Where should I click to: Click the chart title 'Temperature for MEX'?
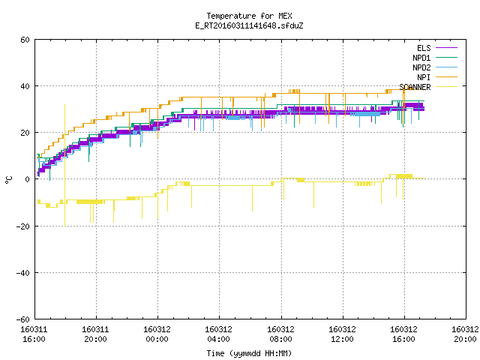coord(249,16)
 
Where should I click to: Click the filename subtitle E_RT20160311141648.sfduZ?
coord(249,25)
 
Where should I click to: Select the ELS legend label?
coord(424,48)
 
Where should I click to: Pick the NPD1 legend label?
coord(421,58)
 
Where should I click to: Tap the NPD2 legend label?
coord(421,67)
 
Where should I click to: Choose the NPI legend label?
coord(424,77)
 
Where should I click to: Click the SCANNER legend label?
coord(415,87)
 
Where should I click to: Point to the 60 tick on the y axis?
coord(25,40)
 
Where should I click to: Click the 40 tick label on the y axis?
coord(25,86)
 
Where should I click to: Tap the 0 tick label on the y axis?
coord(28,179)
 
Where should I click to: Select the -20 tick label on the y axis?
coord(23,226)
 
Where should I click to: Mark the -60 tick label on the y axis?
coord(23,319)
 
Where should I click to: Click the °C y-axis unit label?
coord(8,180)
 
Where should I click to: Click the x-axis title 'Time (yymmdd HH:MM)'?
coord(249,353)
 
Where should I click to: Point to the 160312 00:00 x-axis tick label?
coord(157,334)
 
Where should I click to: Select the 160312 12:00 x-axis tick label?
coord(342,334)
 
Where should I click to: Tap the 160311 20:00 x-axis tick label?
coord(95,334)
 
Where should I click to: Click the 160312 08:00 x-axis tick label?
coord(280,334)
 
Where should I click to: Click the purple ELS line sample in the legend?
coord(447,48)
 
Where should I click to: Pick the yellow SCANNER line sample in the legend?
coord(447,87)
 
